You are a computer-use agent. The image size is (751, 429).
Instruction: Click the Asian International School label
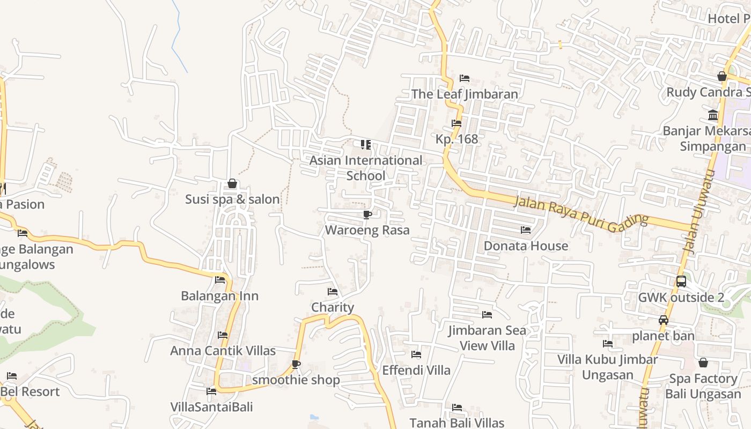point(366,168)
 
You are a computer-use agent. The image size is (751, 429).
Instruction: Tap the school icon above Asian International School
point(366,145)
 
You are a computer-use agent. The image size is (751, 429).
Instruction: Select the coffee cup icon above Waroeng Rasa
point(367,215)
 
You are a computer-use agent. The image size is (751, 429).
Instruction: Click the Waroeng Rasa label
point(367,230)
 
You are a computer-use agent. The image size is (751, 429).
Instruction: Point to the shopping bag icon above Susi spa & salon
point(232,184)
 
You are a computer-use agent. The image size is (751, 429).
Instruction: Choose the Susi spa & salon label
point(232,199)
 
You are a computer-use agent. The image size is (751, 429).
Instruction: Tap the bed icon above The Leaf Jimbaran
point(465,78)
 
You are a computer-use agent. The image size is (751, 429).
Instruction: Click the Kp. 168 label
point(457,139)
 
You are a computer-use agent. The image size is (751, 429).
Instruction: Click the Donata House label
point(526,246)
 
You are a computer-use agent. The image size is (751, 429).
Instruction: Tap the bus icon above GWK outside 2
point(681,282)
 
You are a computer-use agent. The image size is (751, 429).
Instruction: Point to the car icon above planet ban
point(664,321)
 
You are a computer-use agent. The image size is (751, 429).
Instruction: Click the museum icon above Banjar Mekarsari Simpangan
point(713,115)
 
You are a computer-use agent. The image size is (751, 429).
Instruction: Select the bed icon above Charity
point(333,292)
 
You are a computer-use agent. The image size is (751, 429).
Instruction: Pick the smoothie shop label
point(296,380)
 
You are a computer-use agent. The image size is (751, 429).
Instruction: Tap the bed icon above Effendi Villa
point(416,354)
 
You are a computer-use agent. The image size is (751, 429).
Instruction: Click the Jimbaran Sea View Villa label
point(487,338)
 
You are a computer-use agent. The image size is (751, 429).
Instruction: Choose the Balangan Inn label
point(219,296)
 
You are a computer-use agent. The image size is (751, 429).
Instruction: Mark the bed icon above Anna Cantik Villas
point(223,335)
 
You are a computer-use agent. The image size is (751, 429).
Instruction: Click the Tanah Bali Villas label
point(457,423)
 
